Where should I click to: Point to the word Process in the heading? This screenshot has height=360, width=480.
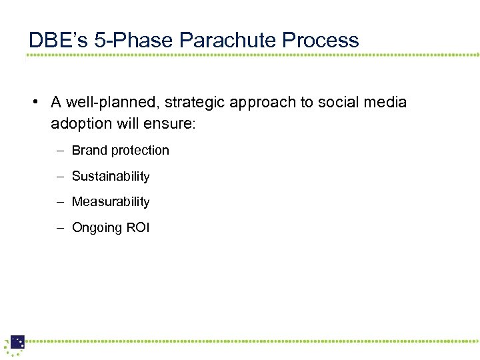click(321, 40)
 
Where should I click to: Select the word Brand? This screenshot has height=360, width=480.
click(89, 151)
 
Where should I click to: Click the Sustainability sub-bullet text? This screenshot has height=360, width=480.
click(111, 177)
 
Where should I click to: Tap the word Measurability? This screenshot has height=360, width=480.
click(111, 202)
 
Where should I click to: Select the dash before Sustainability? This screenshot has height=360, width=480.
click(59, 177)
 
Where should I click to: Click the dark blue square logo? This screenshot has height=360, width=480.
click(17, 342)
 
